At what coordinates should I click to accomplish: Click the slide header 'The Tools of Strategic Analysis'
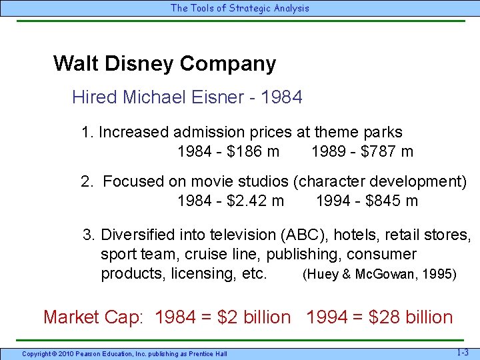pyautogui.click(x=240, y=8)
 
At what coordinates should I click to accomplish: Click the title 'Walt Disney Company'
pyautogui.click(x=164, y=64)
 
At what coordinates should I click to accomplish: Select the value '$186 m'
pyautogui.click(x=253, y=151)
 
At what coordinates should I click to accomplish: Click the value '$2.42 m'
pyautogui.click(x=255, y=201)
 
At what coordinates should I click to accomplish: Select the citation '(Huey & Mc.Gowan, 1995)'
pyautogui.click(x=379, y=274)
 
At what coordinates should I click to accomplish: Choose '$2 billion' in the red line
pyautogui.click(x=255, y=317)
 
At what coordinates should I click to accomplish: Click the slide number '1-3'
pyautogui.click(x=462, y=351)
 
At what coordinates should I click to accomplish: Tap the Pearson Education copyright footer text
pyautogui.click(x=124, y=353)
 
